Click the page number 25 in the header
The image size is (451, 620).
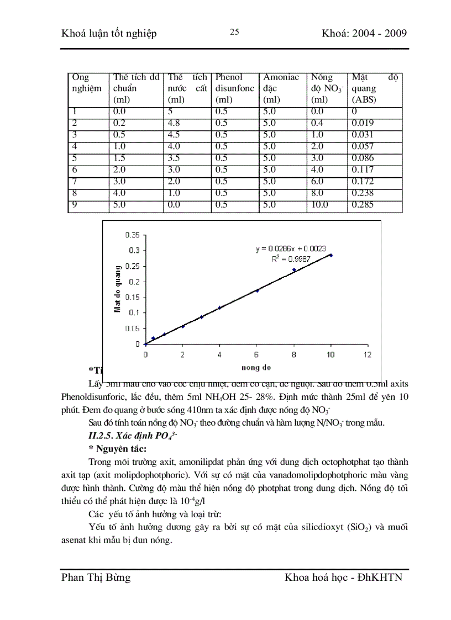[x=234, y=32]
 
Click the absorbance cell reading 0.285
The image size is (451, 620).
[x=363, y=205]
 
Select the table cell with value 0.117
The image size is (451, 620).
[x=363, y=170]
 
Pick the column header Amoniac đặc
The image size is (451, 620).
[x=281, y=88]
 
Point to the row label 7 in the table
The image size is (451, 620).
[x=75, y=182]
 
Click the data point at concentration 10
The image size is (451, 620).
[x=331, y=255]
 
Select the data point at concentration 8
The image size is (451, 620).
[x=293, y=270]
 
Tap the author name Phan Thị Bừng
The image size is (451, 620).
[x=96, y=577]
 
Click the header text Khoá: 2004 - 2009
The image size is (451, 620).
[x=364, y=34]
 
